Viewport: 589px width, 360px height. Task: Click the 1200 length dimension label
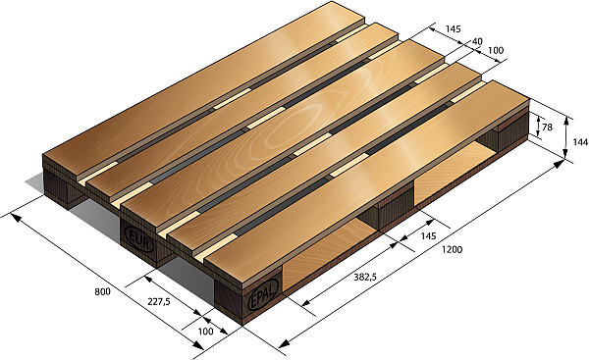(x=452, y=250)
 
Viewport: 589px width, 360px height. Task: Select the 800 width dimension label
(x=101, y=292)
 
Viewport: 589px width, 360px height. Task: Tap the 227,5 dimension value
(x=157, y=302)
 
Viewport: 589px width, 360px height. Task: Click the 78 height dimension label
(x=546, y=127)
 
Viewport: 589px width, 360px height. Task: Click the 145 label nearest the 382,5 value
(x=428, y=236)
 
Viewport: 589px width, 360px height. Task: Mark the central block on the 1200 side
(x=393, y=205)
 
